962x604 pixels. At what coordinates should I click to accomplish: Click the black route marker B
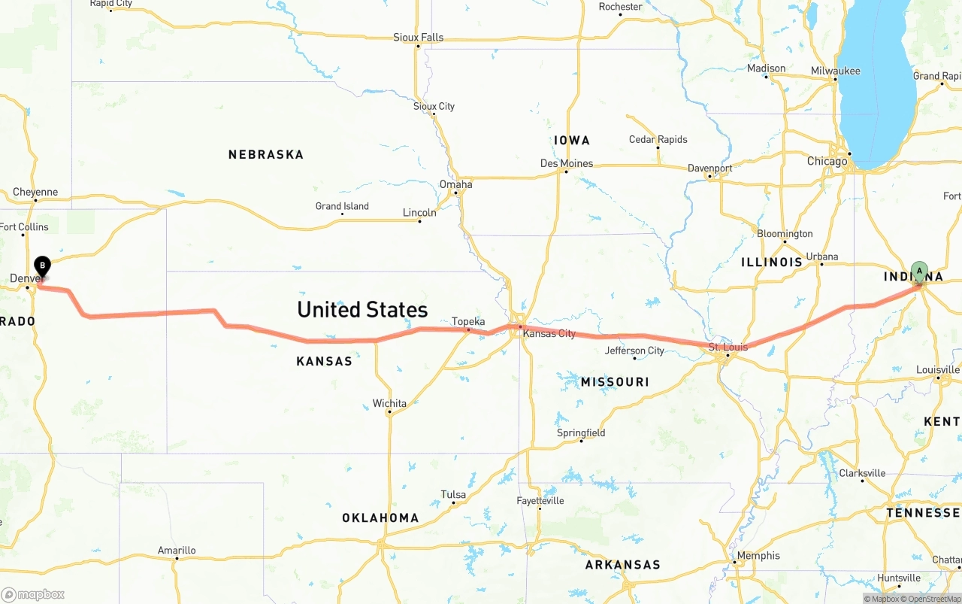coord(43,266)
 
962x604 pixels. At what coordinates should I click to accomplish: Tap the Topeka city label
coord(468,321)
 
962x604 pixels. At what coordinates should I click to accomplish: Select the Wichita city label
coord(389,403)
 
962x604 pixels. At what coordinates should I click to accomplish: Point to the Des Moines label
coord(567,163)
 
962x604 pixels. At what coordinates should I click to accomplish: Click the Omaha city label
coord(456,184)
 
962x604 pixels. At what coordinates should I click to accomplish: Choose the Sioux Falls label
coord(419,37)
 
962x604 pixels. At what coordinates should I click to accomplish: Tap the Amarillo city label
coord(177,550)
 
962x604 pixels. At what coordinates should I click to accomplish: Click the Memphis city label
coord(758,556)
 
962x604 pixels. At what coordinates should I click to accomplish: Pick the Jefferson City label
coord(635,350)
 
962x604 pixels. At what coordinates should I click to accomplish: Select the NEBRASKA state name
coord(266,154)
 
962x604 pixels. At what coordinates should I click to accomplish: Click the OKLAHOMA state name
coord(380,517)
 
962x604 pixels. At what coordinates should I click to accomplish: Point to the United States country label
coord(362,309)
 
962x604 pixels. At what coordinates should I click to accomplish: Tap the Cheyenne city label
coord(35,192)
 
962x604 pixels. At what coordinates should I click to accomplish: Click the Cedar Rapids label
coord(658,139)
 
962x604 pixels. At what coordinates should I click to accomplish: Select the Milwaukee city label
coord(835,71)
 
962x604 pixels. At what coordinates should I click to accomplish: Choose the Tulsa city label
coord(453,494)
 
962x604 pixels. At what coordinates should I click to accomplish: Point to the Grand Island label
coord(342,206)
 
